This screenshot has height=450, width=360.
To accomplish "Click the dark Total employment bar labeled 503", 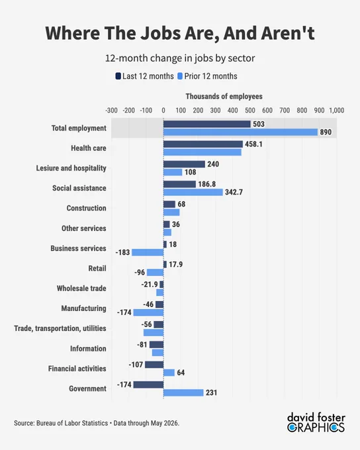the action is pyautogui.click(x=206, y=124).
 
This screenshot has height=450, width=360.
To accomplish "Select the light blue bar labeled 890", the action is pyautogui.click(x=240, y=132).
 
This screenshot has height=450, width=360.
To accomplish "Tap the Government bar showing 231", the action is pyautogui.click(x=183, y=392).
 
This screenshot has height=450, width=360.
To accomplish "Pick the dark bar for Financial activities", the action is pyautogui.click(x=154, y=365).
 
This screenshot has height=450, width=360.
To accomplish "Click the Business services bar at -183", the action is pyautogui.click(x=148, y=252).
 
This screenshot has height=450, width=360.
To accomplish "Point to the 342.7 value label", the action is pyautogui.click(x=234, y=192).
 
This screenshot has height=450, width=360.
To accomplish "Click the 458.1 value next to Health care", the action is pyautogui.click(x=253, y=144).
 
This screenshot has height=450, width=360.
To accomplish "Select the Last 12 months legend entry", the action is pyautogui.click(x=145, y=76).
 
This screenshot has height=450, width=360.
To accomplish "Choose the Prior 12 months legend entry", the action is pyautogui.click(x=207, y=76).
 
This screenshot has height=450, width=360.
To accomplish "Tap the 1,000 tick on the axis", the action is pyautogui.click(x=336, y=111).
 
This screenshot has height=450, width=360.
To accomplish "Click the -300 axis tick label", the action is pyautogui.click(x=111, y=111).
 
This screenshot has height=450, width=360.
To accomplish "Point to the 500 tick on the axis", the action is pyautogui.click(x=250, y=111).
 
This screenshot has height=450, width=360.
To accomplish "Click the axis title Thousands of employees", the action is pyautogui.click(x=224, y=96).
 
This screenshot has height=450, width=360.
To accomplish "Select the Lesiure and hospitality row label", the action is pyautogui.click(x=71, y=168).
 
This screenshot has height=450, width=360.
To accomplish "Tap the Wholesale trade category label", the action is pyautogui.click(x=81, y=288).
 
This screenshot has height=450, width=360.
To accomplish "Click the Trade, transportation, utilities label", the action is pyautogui.click(x=60, y=328).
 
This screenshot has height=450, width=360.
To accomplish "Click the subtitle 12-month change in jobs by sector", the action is pyautogui.click(x=180, y=58).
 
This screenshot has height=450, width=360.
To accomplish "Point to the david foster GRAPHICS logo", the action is pyautogui.click(x=316, y=422).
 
